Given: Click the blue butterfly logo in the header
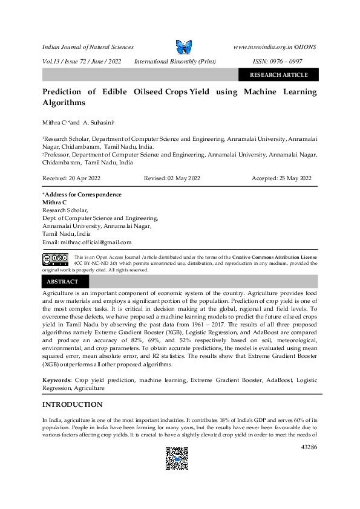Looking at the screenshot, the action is (x=183, y=47).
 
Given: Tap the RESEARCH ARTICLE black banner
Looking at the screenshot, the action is (x=278, y=75).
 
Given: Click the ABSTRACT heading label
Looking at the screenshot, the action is (x=62, y=282).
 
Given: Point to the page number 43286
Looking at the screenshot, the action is (x=308, y=447).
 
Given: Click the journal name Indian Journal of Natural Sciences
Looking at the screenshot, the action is (x=88, y=47).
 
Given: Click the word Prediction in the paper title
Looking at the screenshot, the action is (x=62, y=92).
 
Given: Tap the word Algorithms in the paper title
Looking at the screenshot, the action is (x=64, y=103).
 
